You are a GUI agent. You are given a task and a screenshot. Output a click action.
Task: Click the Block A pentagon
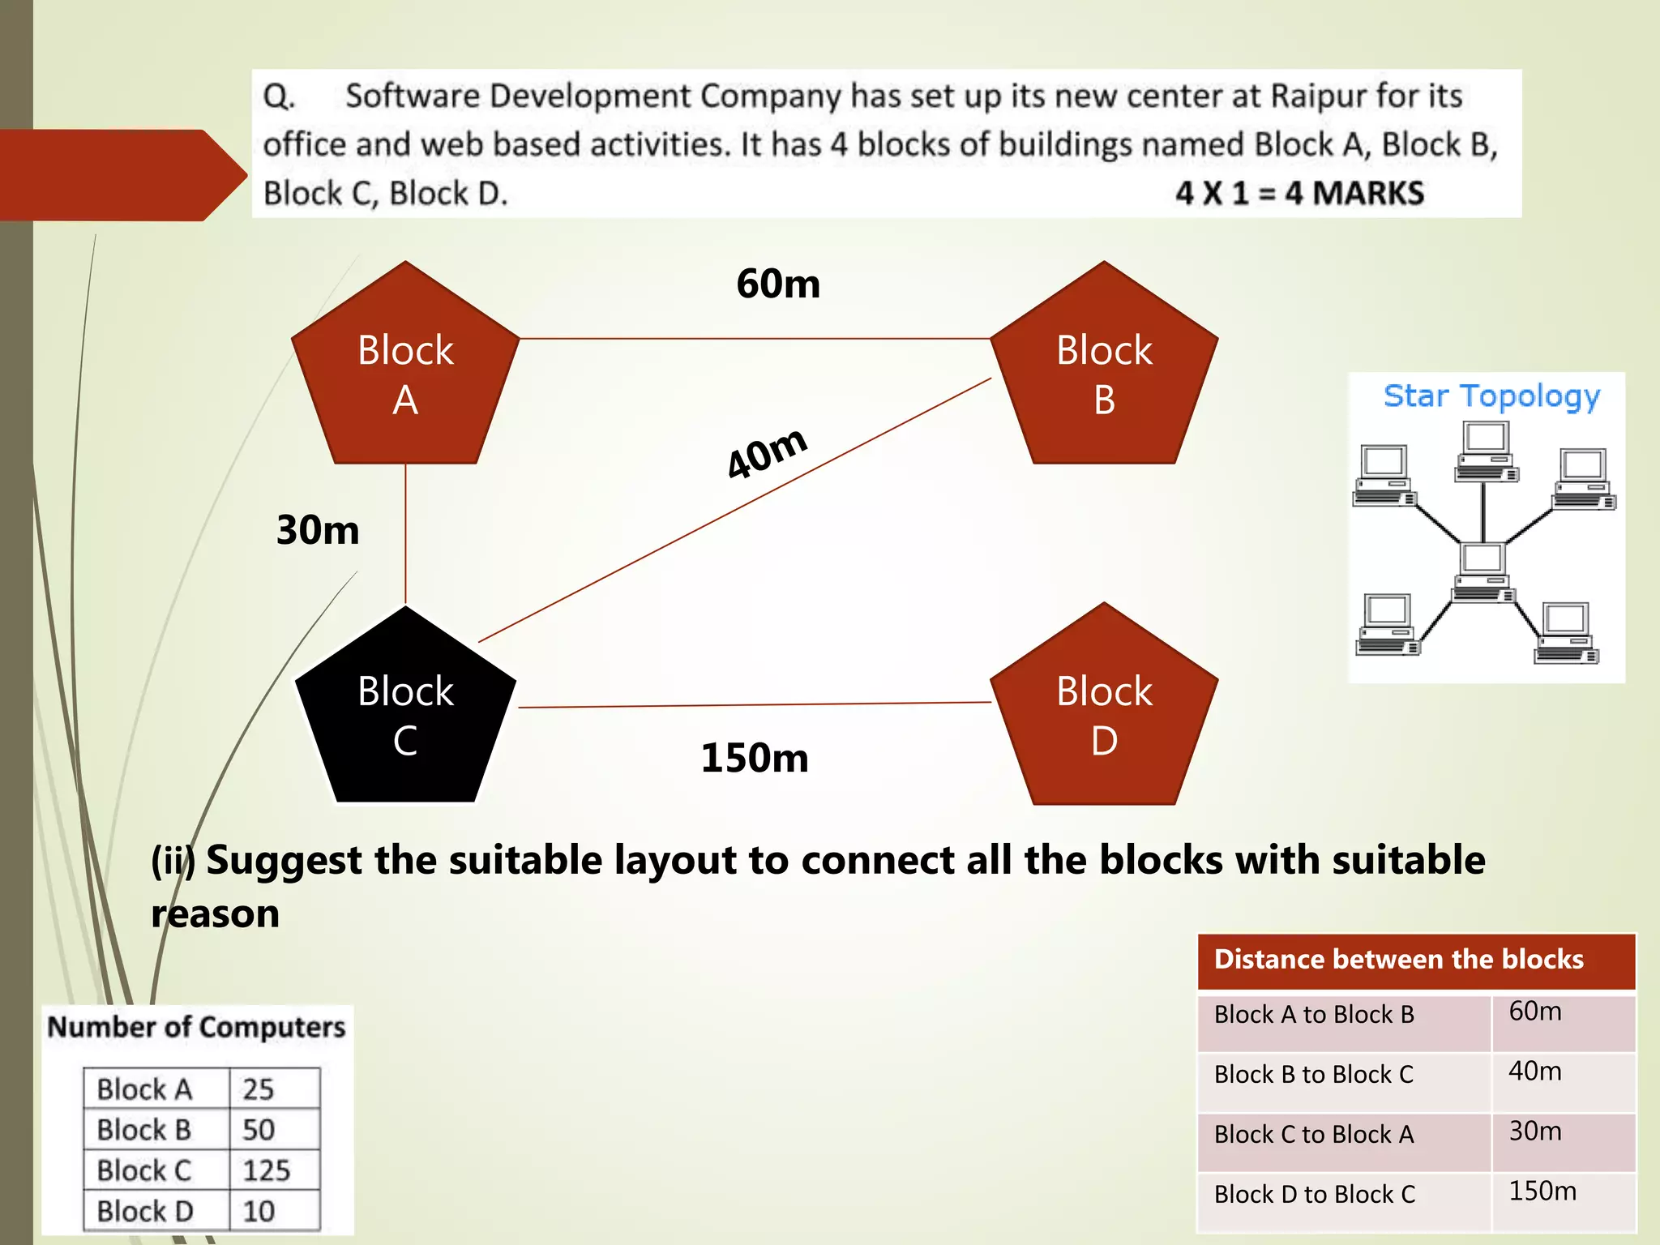[x=405, y=373]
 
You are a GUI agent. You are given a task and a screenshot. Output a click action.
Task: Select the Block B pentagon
[x=1104, y=373]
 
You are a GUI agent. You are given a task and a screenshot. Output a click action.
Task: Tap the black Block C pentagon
[x=405, y=713]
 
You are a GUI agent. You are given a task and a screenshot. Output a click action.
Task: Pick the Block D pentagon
[x=1104, y=713]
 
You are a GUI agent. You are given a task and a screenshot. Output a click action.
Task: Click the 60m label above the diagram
[x=778, y=284]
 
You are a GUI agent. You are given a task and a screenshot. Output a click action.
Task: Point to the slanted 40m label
[x=766, y=452]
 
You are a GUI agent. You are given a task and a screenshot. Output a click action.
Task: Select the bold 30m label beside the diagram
[x=318, y=530]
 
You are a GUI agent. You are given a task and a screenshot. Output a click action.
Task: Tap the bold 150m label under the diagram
[x=755, y=758]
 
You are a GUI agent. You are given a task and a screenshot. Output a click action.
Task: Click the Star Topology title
[x=1491, y=396]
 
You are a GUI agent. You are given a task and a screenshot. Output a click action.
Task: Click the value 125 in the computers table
[x=266, y=1170]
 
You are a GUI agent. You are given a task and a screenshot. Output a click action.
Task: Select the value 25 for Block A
[x=258, y=1089]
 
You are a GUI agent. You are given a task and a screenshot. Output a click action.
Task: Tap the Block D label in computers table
[x=145, y=1211]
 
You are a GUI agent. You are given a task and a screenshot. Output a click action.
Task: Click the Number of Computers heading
[x=196, y=1027]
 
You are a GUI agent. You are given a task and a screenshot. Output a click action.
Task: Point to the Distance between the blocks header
[x=1398, y=960]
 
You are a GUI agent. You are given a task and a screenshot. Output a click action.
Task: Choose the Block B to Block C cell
[x=1313, y=1075]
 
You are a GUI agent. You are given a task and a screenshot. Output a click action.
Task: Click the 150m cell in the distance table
[x=1542, y=1192]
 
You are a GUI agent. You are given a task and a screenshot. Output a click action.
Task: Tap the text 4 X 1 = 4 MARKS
[x=1299, y=194]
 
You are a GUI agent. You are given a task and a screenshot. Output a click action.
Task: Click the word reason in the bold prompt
[x=216, y=914]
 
